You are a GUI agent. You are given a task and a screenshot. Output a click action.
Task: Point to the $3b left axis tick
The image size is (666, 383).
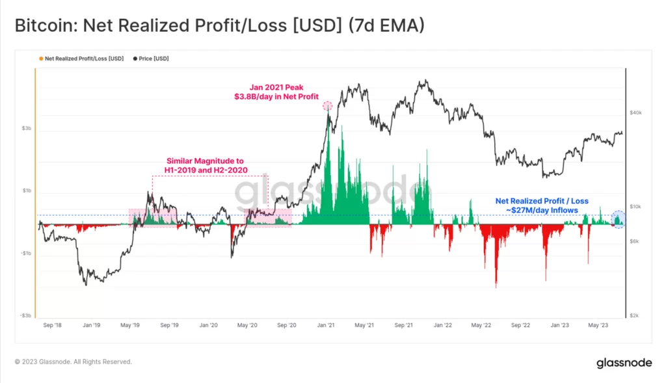[27, 129]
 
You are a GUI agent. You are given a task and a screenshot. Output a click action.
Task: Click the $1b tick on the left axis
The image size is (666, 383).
[27, 191]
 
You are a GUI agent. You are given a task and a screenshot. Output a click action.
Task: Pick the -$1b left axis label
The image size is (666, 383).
[26, 253]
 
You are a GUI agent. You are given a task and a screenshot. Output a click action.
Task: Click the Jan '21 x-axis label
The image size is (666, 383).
[326, 324]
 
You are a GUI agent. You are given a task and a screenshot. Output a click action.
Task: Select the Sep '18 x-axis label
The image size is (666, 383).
[52, 324]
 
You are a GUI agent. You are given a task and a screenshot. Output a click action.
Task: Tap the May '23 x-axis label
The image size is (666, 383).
[598, 324]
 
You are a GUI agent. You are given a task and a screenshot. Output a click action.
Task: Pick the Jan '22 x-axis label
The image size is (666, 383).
[444, 324]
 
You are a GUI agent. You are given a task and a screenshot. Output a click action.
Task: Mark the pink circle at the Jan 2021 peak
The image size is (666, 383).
[328, 105]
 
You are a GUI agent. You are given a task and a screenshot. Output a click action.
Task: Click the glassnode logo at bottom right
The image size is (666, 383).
[624, 363]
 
